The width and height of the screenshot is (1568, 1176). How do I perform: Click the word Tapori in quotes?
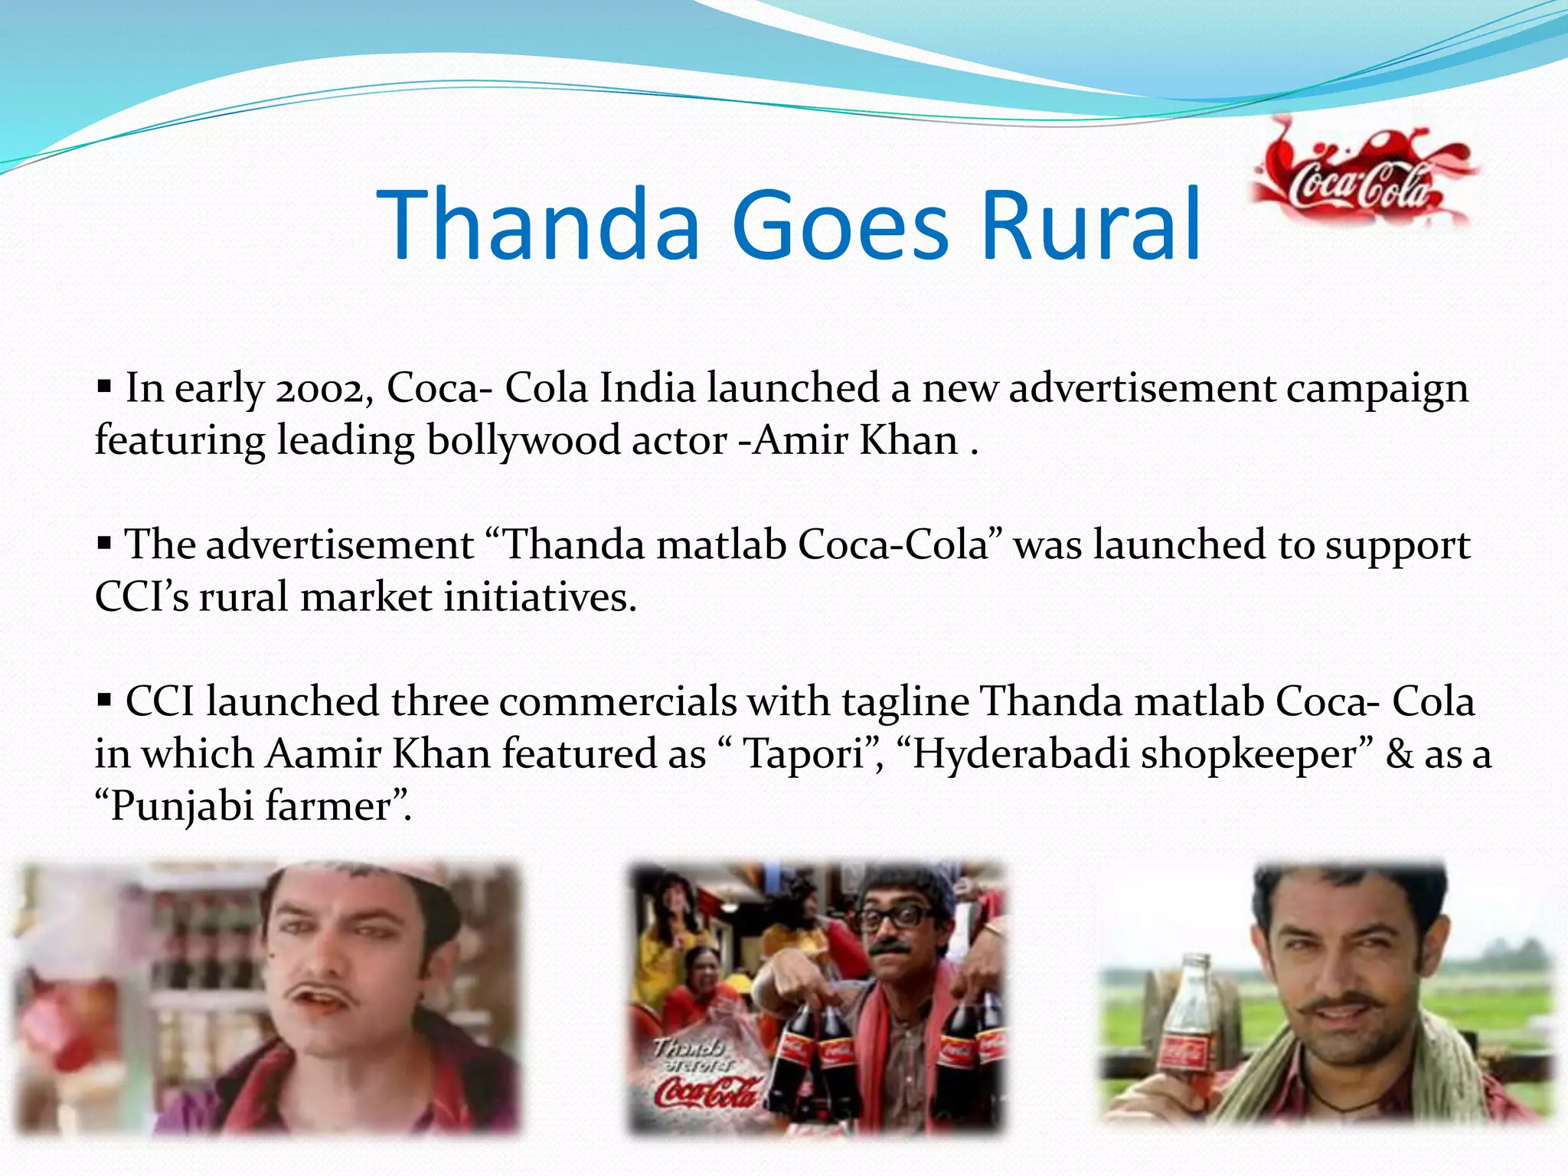point(803,755)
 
